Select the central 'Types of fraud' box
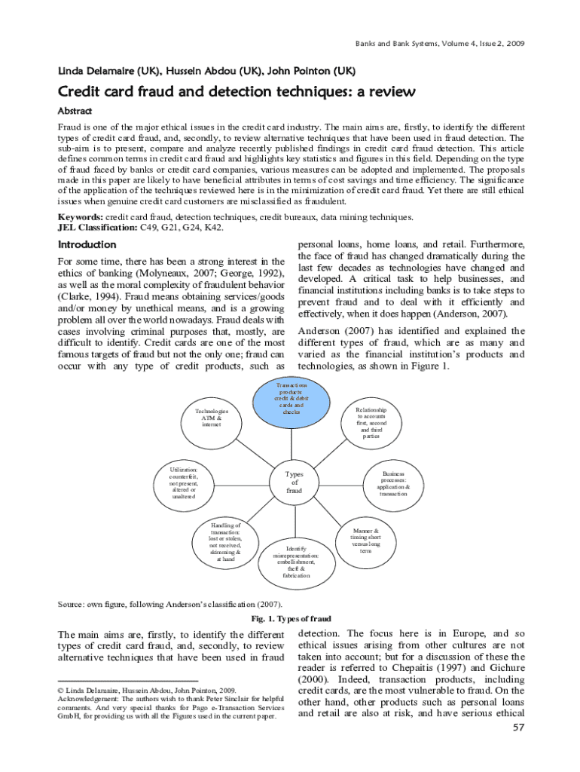point(294,482)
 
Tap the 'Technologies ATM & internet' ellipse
point(212,418)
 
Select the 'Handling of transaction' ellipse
point(226,541)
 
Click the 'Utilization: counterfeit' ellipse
point(184,483)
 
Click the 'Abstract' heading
point(79,110)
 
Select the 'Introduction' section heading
point(87,245)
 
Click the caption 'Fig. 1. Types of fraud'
point(291,618)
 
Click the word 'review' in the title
point(388,93)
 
